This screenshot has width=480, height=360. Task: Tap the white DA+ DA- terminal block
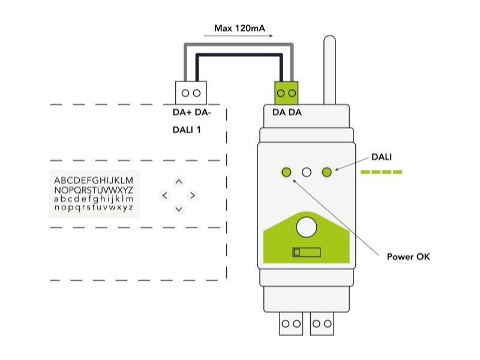click(191, 93)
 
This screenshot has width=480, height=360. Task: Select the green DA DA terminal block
click(287, 93)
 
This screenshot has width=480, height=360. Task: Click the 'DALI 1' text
click(187, 129)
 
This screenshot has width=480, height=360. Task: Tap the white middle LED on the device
click(307, 173)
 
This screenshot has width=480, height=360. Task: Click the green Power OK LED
click(286, 173)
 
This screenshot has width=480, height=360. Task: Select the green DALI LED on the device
click(327, 173)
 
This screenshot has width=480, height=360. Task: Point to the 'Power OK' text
click(408, 257)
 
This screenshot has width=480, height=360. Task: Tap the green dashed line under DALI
click(381, 173)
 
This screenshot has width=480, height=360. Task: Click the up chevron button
click(179, 181)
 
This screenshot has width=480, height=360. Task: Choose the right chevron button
click(193, 195)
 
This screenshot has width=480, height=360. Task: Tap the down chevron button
click(179, 209)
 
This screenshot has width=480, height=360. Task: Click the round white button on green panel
click(307, 226)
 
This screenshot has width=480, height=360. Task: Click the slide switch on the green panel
click(306, 252)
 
